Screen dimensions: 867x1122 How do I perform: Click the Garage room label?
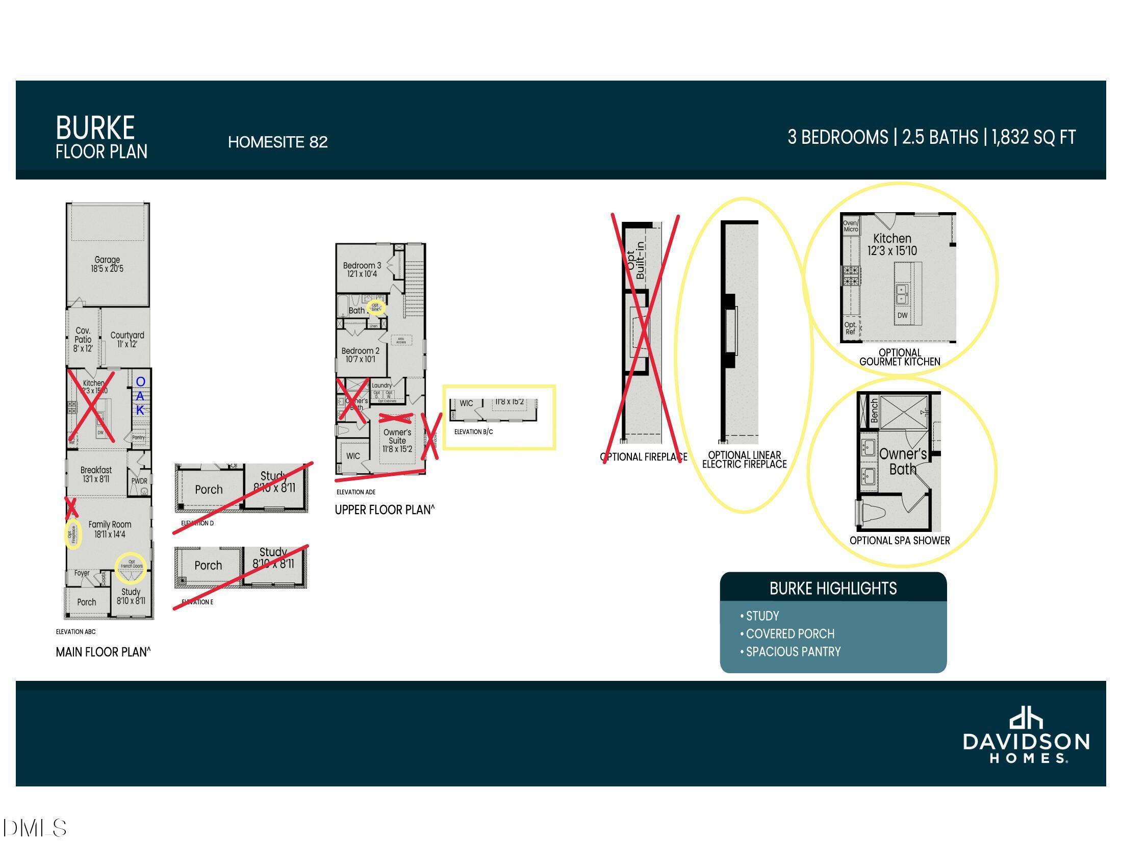click(x=108, y=264)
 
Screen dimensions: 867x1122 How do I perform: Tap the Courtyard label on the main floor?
click(x=127, y=339)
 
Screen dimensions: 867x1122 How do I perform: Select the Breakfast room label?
click(x=96, y=474)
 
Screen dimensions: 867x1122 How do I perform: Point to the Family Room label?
click(x=110, y=529)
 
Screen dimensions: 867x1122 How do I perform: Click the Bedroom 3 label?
click(x=362, y=270)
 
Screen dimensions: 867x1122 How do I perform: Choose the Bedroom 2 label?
click(x=360, y=355)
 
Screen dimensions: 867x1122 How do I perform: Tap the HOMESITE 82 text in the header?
click(x=277, y=142)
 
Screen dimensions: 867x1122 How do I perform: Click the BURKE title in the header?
click(x=95, y=128)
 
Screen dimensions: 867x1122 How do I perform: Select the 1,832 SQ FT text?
click(x=1033, y=137)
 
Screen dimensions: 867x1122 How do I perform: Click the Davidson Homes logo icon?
click(x=1026, y=719)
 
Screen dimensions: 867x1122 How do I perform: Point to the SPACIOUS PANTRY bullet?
click(x=793, y=652)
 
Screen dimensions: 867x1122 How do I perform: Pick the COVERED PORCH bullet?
click(x=789, y=634)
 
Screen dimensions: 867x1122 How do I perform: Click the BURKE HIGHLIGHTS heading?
click(x=833, y=589)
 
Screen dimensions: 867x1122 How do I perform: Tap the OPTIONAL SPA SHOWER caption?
click(x=900, y=540)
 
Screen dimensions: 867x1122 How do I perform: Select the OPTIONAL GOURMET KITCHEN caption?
click(x=900, y=357)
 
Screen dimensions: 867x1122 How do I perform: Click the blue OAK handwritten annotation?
click(x=140, y=396)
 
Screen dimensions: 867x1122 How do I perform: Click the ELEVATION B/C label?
click(x=473, y=432)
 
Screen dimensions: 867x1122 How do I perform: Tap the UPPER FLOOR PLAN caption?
click(x=384, y=510)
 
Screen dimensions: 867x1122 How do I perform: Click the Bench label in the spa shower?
click(x=874, y=411)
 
